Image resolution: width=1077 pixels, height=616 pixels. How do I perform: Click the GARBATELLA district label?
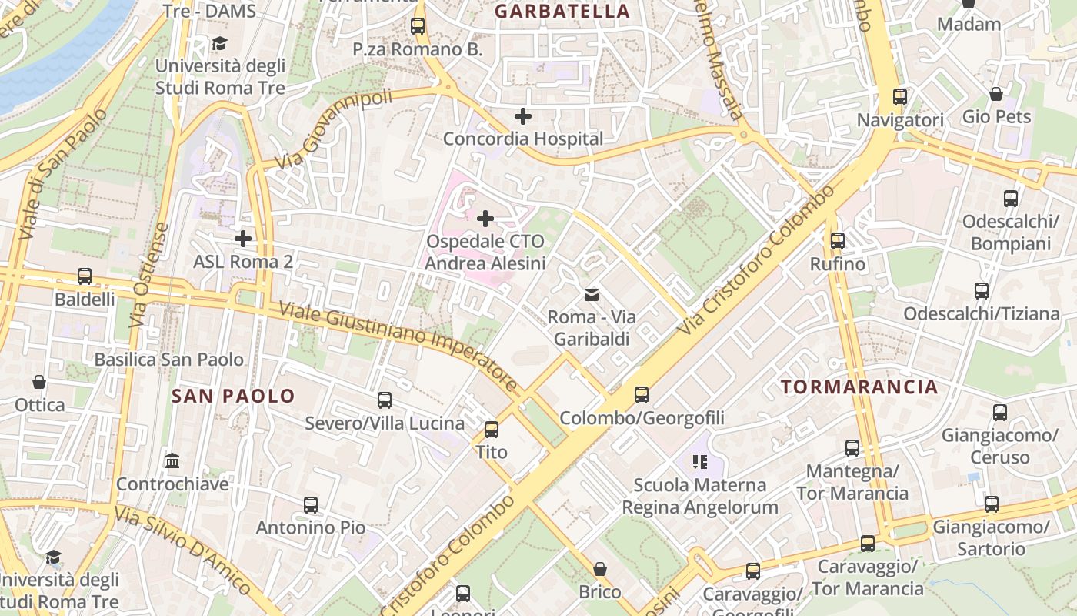pos(562,12)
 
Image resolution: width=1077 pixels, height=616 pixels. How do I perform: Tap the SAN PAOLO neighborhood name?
pos(233,397)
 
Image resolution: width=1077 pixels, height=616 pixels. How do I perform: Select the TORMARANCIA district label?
pos(860,387)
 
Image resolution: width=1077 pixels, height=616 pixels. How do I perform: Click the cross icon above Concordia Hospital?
pos(523,117)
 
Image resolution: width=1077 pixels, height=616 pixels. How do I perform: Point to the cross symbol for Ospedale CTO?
pos(485,219)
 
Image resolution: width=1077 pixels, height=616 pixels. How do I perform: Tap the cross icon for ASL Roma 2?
pos(243,239)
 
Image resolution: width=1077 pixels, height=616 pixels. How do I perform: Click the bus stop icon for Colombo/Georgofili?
pos(642,395)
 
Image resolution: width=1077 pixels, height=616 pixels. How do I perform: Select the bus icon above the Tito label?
pos(492,429)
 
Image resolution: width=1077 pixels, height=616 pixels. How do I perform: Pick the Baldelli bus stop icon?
pos(85,276)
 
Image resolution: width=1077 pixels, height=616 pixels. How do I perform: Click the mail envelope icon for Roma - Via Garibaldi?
pos(592,294)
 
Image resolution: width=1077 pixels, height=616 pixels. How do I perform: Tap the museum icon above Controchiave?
pos(172,461)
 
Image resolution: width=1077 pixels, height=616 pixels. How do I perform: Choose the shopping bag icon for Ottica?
pos(39,382)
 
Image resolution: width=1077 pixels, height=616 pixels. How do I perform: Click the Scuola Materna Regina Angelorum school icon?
pos(699,462)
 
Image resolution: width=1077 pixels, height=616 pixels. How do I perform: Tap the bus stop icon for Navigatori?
pos(900,97)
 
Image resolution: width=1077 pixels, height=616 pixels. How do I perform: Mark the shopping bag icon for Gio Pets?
pos(996,94)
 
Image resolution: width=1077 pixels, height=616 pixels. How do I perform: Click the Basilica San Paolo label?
pos(168,360)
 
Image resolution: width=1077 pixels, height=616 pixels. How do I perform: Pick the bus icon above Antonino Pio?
pos(311,505)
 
